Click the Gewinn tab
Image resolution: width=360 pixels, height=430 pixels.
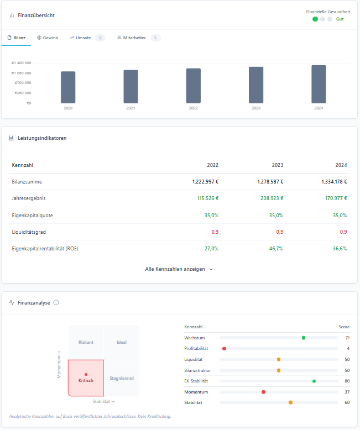coord(47,38)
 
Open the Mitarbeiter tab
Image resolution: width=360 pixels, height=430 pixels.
coord(133,38)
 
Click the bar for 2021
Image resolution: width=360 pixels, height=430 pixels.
coord(131,86)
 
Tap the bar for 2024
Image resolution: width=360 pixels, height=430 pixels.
coord(319,84)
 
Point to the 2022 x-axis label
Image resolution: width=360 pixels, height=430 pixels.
coord(193,108)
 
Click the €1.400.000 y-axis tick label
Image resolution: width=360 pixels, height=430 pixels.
coord(22,63)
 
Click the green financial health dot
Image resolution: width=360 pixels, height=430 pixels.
coord(315,19)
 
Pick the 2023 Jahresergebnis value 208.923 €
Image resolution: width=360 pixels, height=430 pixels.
coord(269,198)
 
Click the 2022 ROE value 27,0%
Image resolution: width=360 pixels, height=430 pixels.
coord(210,249)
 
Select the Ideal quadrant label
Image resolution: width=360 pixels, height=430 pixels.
coord(122,342)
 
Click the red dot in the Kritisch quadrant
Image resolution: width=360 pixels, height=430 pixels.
coord(86,375)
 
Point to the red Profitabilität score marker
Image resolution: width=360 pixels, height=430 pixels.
coord(225,349)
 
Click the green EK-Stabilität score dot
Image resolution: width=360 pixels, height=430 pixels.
coord(314,381)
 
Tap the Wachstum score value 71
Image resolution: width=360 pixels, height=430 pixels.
coord(347,338)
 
